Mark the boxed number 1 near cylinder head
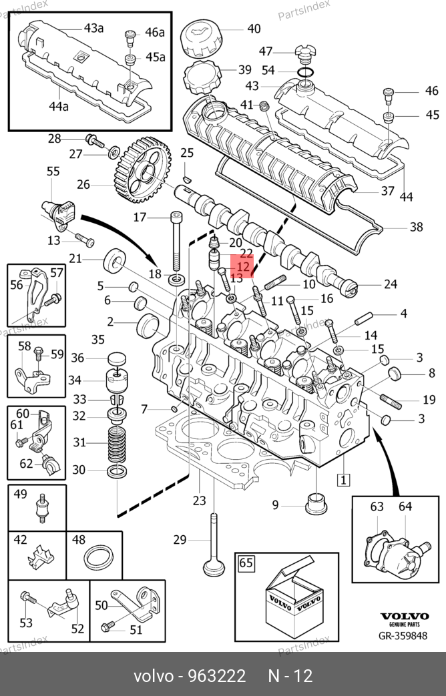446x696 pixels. click(x=343, y=479)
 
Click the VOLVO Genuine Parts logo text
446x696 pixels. click(x=403, y=619)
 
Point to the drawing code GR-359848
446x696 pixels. click(x=403, y=635)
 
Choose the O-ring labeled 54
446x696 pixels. click(x=304, y=71)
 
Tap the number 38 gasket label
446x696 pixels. click(x=416, y=227)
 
